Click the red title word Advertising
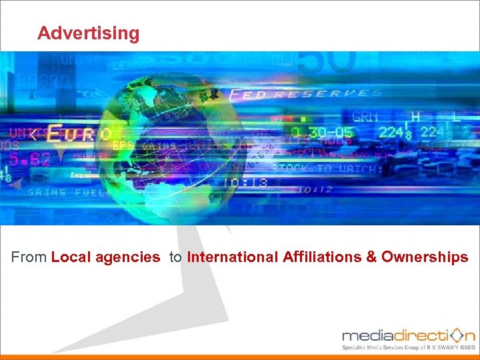coord(89,33)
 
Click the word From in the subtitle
coord(29,257)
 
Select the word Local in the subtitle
coord(69,257)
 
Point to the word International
coord(233,257)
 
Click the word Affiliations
coord(322,257)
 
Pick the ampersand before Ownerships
coord(371,257)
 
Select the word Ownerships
coord(425,257)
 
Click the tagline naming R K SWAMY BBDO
coord(409,347)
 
